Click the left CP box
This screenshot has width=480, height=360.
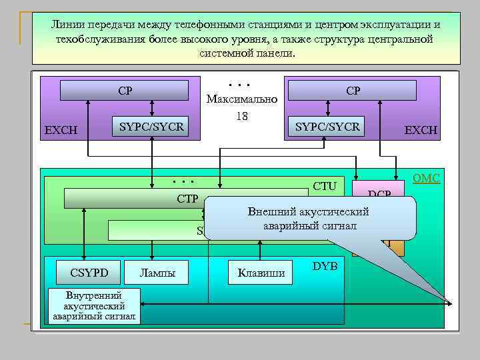(x=124, y=91)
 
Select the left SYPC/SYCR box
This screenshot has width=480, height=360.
(x=151, y=127)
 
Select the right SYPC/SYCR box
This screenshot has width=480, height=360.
(x=327, y=127)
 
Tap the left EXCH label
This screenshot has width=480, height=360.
(x=61, y=130)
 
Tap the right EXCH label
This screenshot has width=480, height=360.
(x=420, y=130)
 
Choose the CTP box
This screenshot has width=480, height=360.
(x=133, y=199)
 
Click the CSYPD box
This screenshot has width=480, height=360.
(x=89, y=272)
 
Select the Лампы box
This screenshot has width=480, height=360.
(x=157, y=272)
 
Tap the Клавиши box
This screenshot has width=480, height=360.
(x=261, y=272)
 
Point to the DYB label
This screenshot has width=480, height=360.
(x=325, y=266)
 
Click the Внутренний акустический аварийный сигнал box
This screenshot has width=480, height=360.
(x=95, y=306)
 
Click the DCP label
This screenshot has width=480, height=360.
(x=379, y=194)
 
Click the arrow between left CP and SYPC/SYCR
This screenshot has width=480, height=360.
(x=153, y=109)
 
